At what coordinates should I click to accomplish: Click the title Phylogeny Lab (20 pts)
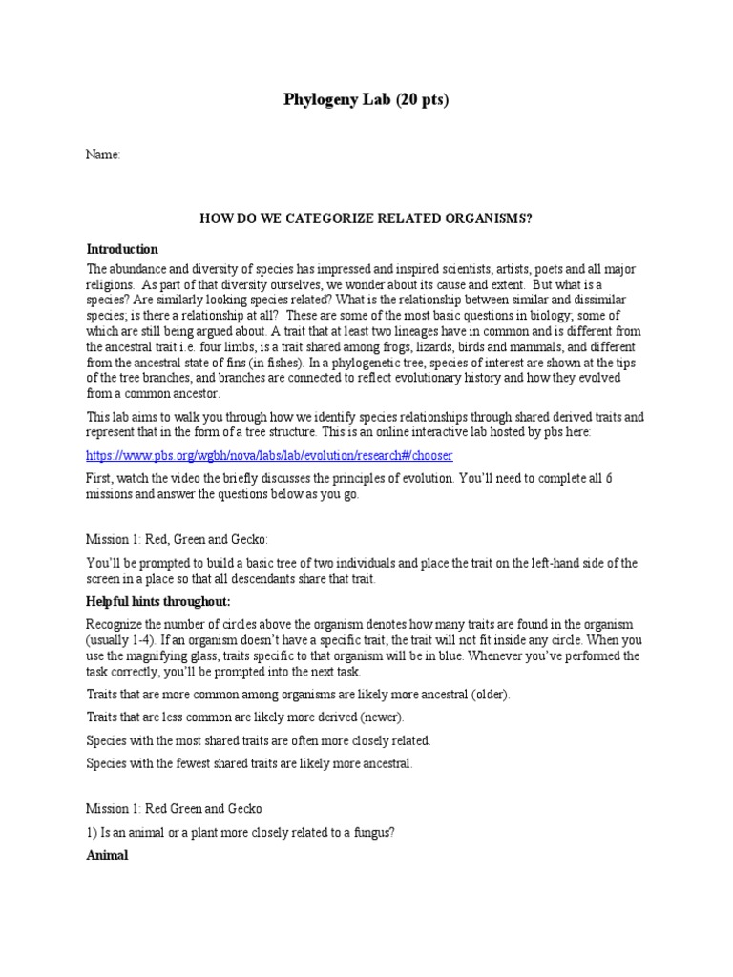pos(366,100)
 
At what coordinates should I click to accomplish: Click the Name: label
pos(103,155)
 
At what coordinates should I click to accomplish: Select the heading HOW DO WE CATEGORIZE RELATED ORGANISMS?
pos(366,218)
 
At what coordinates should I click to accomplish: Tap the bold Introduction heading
pos(122,249)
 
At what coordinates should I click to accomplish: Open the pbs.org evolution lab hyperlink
pos(269,455)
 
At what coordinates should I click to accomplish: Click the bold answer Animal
pos(108,855)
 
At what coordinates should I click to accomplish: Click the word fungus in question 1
pos(373,832)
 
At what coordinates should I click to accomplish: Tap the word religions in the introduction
pos(113,284)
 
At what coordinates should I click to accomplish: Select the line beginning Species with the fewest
pos(249,762)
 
